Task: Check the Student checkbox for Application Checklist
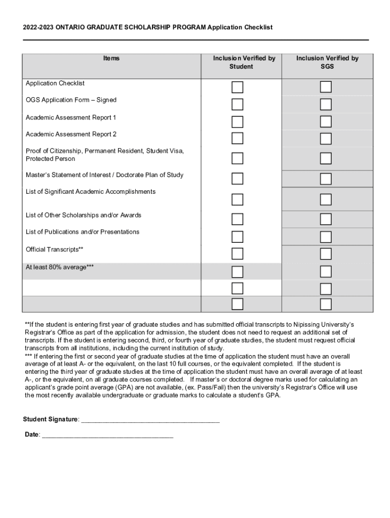[x=238, y=87]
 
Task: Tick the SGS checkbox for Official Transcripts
[x=326, y=253]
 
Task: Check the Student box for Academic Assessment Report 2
[x=238, y=138]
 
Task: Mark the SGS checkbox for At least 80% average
[x=326, y=272]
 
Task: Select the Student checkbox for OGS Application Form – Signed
[x=238, y=105]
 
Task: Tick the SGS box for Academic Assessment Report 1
[x=326, y=122]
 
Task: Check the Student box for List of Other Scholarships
[x=238, y=219]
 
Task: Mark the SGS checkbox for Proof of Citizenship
[x=326, y=158]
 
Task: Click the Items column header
[x=111, y=58]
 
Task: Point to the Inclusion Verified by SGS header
[x=327, y=62]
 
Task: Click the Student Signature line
[x=150, y=420]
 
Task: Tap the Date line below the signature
[x=107, y=435]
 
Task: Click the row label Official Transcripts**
[x=55, y=249]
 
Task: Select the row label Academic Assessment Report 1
[x=71, y=117]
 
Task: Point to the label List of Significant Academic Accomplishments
[x=91, y=192]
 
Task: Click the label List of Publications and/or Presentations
[x=83, y=232]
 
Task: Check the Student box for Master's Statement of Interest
[x=238, y=179]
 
